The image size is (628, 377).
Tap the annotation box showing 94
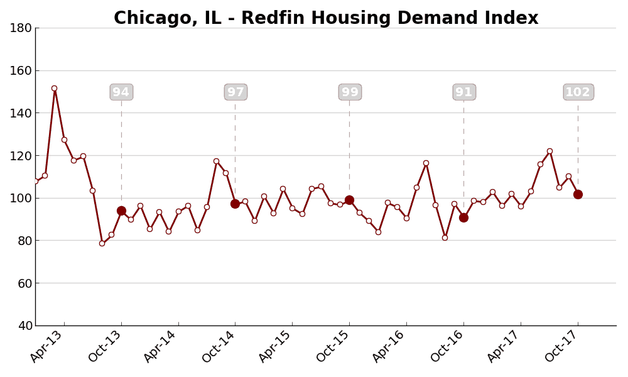[121, 92]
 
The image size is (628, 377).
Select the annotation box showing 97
[235, 92]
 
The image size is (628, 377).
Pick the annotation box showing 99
[350, 92]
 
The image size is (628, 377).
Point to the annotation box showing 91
[464, 92]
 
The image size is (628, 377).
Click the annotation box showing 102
[578, 92]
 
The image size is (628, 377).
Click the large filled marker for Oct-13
[121, 210]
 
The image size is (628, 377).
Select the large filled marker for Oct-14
[235, 204]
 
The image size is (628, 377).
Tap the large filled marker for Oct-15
[349, 200]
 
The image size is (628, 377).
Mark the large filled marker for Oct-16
[463, 217]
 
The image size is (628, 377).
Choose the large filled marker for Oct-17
[578, 194]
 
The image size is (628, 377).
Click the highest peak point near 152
[54, 88]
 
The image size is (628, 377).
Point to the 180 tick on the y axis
[21, 28]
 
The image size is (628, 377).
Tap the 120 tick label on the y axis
[21, 155]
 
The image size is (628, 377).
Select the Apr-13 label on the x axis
[47, 346]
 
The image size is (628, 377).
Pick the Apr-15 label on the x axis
[276, 346]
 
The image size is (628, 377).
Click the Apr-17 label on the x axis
[504, 346]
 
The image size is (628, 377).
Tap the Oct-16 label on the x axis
[447, 346]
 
